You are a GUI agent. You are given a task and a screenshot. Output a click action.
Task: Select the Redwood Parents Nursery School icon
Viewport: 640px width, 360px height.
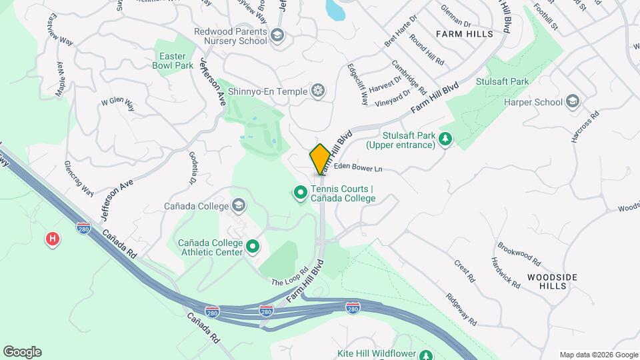(277, 35)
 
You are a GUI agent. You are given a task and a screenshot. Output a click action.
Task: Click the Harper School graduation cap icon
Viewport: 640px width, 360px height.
(572, 102)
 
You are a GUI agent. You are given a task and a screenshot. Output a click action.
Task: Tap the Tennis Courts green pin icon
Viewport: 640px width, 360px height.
(301, 193)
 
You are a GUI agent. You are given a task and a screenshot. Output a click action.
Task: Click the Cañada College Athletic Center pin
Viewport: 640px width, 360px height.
(253, 247)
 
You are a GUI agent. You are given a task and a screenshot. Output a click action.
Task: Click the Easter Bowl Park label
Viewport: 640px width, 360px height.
(172, 60)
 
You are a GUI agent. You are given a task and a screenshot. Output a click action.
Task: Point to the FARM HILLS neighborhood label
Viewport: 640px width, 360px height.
(465, 33)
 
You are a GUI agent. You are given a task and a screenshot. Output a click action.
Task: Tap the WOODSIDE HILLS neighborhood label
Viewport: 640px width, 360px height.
(552, 281)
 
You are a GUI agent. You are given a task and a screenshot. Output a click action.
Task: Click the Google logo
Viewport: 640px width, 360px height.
(22, 352)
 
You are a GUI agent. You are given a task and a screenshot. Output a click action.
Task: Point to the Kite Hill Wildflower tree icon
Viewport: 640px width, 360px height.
(427, 354)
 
